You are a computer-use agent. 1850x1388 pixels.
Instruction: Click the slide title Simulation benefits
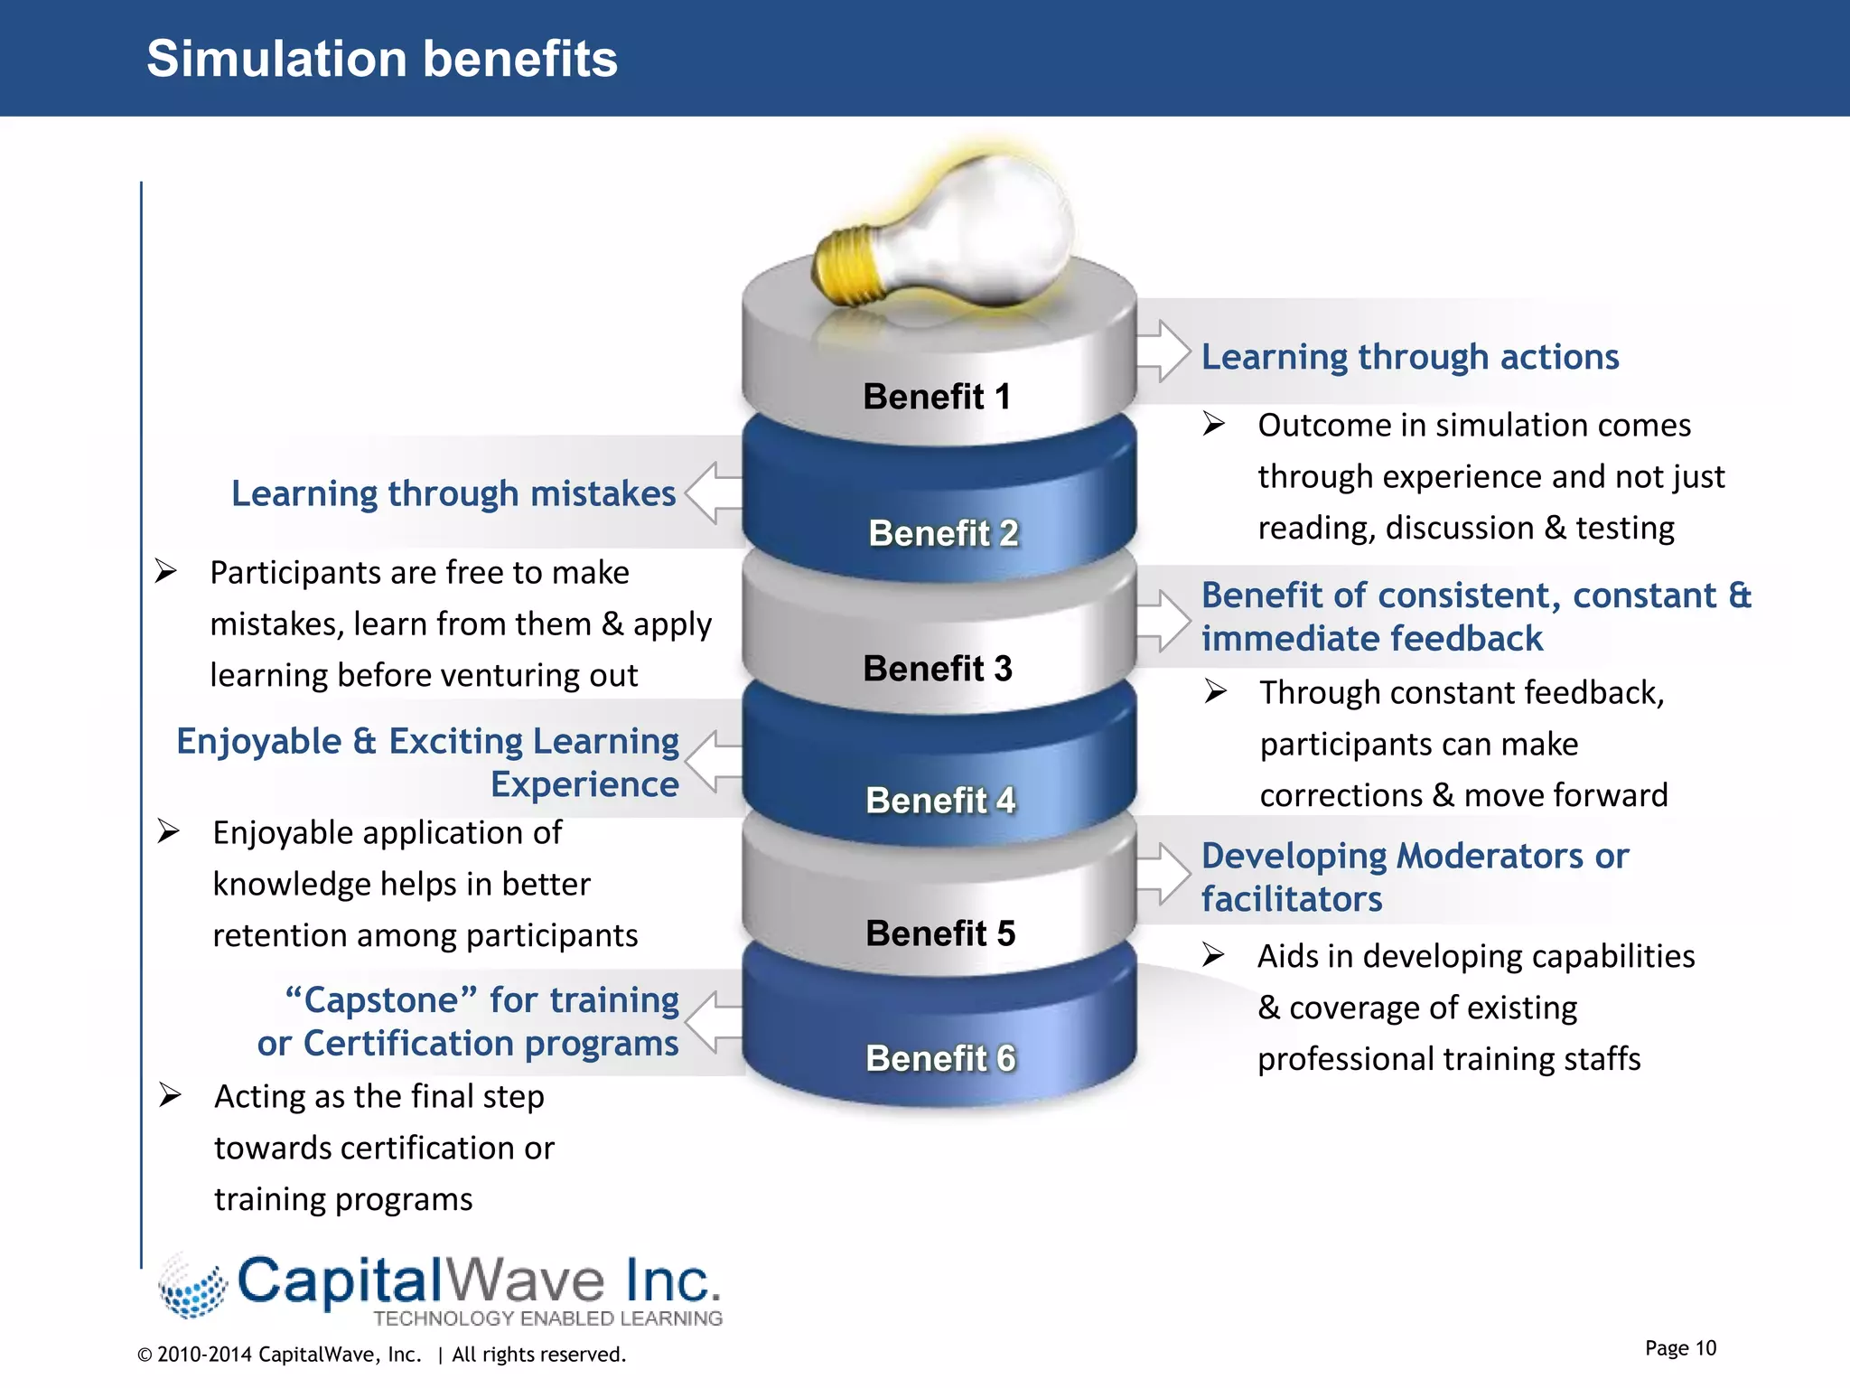[x=382, y=60]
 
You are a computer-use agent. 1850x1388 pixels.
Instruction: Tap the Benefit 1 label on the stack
[x=937, y=397]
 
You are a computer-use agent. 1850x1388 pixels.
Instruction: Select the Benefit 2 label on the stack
[x=943, y=533]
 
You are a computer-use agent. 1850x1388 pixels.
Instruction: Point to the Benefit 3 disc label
[x=938, y=669]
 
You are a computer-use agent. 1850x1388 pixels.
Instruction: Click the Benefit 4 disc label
[x=940, y=801]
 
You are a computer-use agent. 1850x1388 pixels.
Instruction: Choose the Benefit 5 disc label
[x=940, y=933]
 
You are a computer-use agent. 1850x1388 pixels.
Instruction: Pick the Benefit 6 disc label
[x=940, y=1058]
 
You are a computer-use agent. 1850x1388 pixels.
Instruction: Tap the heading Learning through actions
[x=1409, y=357]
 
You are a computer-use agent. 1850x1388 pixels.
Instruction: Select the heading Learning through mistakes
[x=453, y=493]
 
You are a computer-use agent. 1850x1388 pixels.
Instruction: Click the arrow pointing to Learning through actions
[x=1163, y=351]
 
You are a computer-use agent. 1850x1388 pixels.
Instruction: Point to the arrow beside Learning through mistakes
[x=714, y=493]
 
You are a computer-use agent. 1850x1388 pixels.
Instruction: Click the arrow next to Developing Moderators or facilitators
[x=1163, y=874]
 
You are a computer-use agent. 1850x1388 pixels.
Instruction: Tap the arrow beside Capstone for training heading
[x=714, y=1022]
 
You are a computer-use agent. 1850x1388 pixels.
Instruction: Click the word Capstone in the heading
[x=381, y=1000]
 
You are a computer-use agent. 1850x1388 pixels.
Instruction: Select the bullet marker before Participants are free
[x=165, y=571]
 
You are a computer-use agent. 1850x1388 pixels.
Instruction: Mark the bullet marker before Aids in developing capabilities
[x=1213, y=955]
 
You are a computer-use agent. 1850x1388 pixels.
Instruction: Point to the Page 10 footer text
[x=1680, y=1348]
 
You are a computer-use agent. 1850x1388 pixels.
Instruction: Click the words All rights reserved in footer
[x=538, y=1355]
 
